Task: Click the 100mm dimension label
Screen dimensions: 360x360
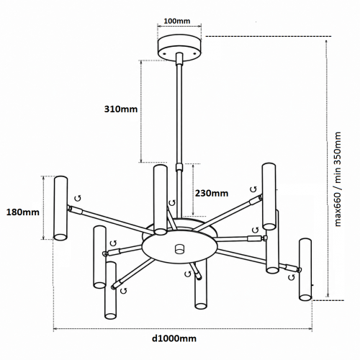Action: pyautogui.click(x=177, y=21)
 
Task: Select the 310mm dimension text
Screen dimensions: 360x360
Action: pyautogui.click(x=121, y=109)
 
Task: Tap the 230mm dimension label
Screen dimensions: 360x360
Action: pyautogui.click(x=212, y=193)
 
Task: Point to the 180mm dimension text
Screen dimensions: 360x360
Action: pyautogui.click(x=22, y=212)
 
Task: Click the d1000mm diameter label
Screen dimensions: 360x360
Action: pyautogui.click(x=174, y=338)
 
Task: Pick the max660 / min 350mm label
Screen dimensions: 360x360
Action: pyautogui.click(x=338, y=179)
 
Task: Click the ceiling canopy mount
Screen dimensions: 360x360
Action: pyautogui.click(x=179, y=48)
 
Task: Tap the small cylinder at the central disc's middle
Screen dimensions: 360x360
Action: pyautogui.click(x=179, y=249)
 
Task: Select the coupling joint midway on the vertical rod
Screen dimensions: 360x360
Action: pyautogui.click(x=179, y=167)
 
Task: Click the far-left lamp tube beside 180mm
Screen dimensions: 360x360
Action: pyautogui.click(x=60, y=208)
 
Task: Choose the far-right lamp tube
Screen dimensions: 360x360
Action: pyautogui.click(x=305, y=269)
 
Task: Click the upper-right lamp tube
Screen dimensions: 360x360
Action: pyautogui.click(x=269, y=197)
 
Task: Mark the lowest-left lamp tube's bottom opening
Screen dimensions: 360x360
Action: pyautogui.click(x=110, y=316)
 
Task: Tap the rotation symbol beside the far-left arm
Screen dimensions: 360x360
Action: pyautogui.click(x=78, y=198)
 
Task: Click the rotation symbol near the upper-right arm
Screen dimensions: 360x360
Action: pyautogui.click(x=253, y=189)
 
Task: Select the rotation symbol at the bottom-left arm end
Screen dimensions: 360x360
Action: pyautogui.click(x=124, y=291)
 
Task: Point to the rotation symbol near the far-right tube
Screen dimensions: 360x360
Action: pyautogui.click(x=292, y=277)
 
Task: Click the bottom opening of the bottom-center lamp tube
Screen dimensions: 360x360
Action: pyautogui.click(x=201, y=306)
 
